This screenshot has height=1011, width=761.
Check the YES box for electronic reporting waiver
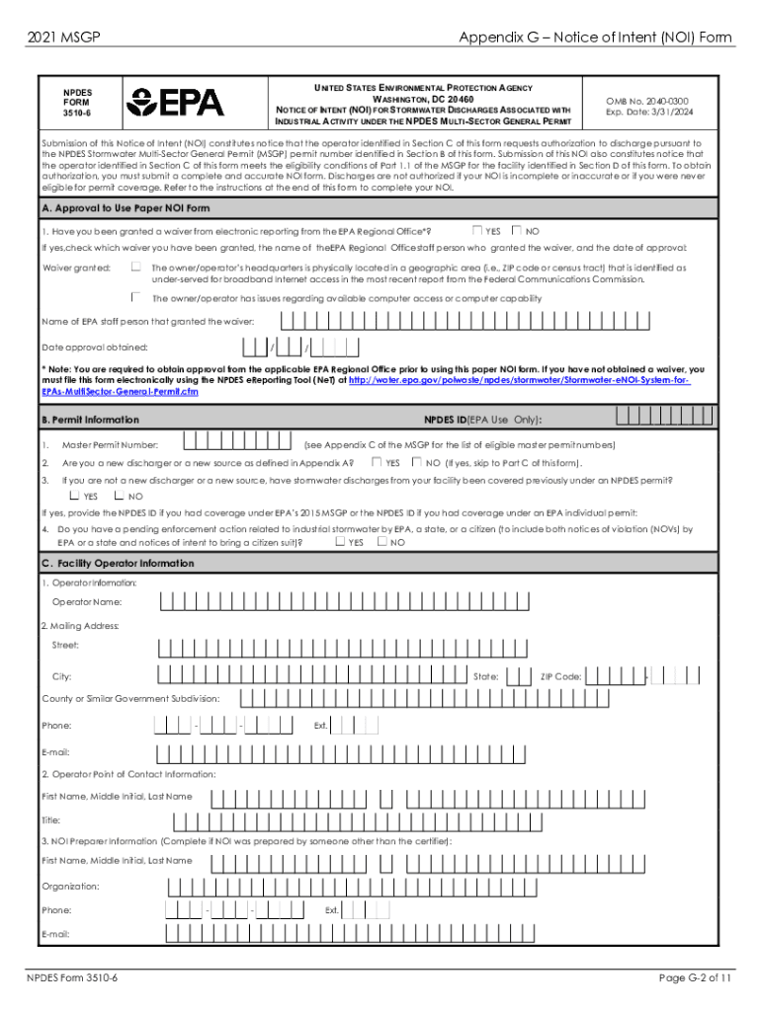[478, 230]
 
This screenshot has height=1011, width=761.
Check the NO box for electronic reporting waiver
[517, 230]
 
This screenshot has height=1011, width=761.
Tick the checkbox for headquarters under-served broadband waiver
[136, 267]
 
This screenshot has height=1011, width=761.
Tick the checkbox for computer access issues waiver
[136, 297]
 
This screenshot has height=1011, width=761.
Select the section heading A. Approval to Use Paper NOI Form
[127, 208]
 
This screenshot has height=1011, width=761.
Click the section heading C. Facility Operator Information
[118, 563]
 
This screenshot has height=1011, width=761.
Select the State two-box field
[516, 676]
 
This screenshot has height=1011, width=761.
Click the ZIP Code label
[560, 677]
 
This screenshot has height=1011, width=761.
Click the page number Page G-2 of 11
[696, 977]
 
